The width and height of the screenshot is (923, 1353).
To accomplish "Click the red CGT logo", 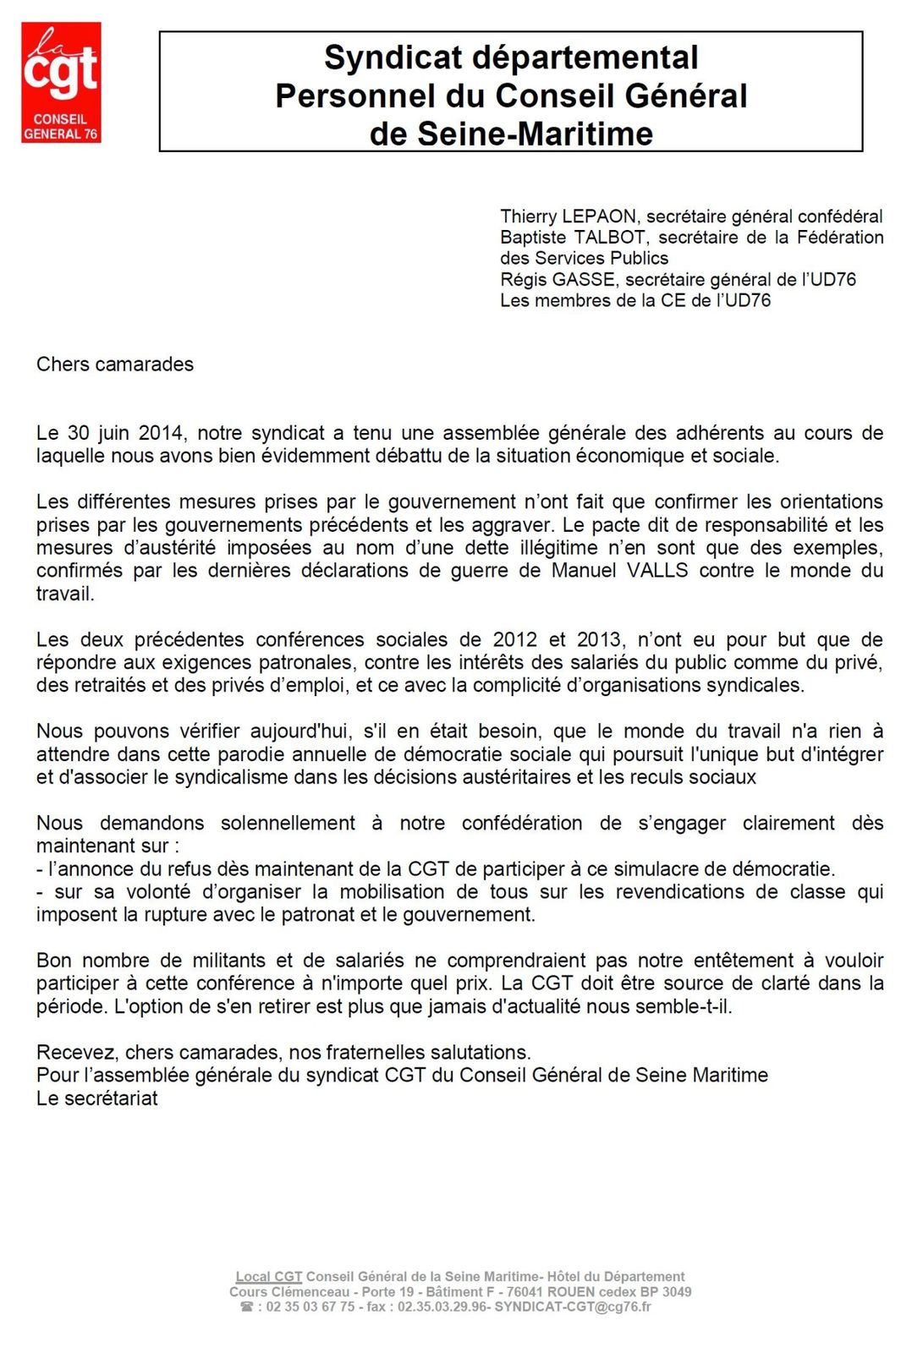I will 61,82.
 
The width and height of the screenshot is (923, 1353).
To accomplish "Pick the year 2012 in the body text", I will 514,640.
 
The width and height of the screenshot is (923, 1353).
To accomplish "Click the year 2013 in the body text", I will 599,640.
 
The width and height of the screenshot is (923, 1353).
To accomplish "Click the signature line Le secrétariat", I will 97,1098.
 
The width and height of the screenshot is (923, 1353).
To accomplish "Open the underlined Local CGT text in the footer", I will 269,1277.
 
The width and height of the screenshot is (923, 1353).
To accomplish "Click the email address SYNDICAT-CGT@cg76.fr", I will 573,1307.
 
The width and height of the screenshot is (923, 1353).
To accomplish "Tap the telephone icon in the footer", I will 247,1307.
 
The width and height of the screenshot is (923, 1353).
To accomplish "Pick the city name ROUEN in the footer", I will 573,1292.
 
